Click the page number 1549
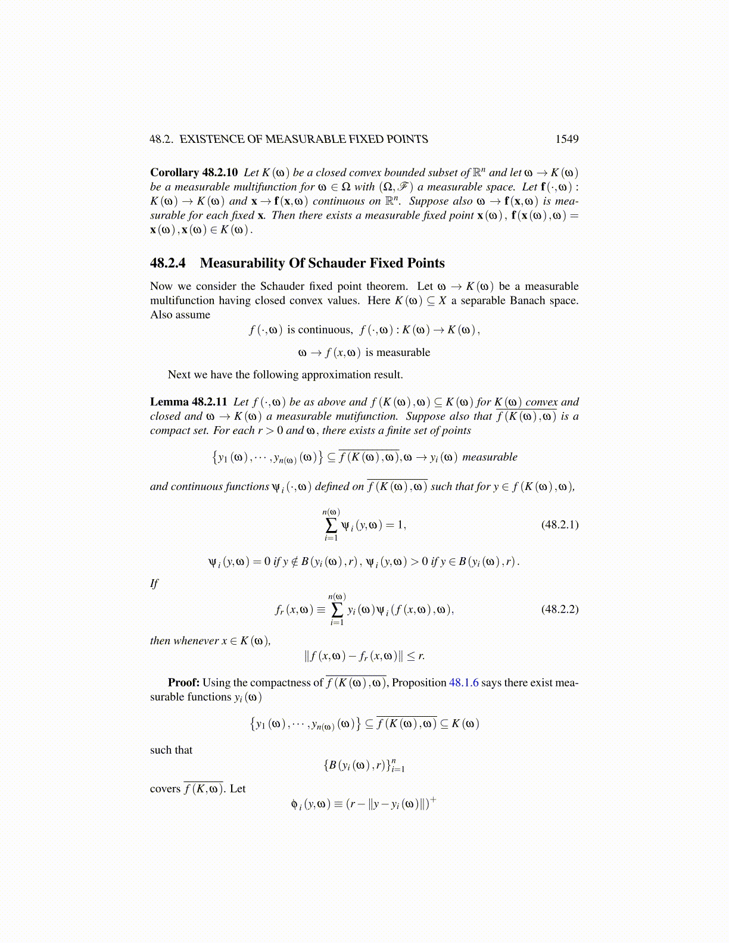(x=566, y=139)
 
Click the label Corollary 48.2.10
(x=194, y=173)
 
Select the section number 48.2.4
(x=168, y=263)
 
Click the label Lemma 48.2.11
(x=188, y=402)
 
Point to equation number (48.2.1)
(x=559, y=524)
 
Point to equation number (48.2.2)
(x=559, y=609)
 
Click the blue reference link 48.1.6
(x=463, y=683)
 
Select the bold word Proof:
(x=183, y=683)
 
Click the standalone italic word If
(x=154, y=583)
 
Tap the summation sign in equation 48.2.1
(x=331, y=525)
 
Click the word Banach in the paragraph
(x=527, y=301)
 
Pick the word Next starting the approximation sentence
(x=178, y=375)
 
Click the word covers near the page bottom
(x=165, y=789)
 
